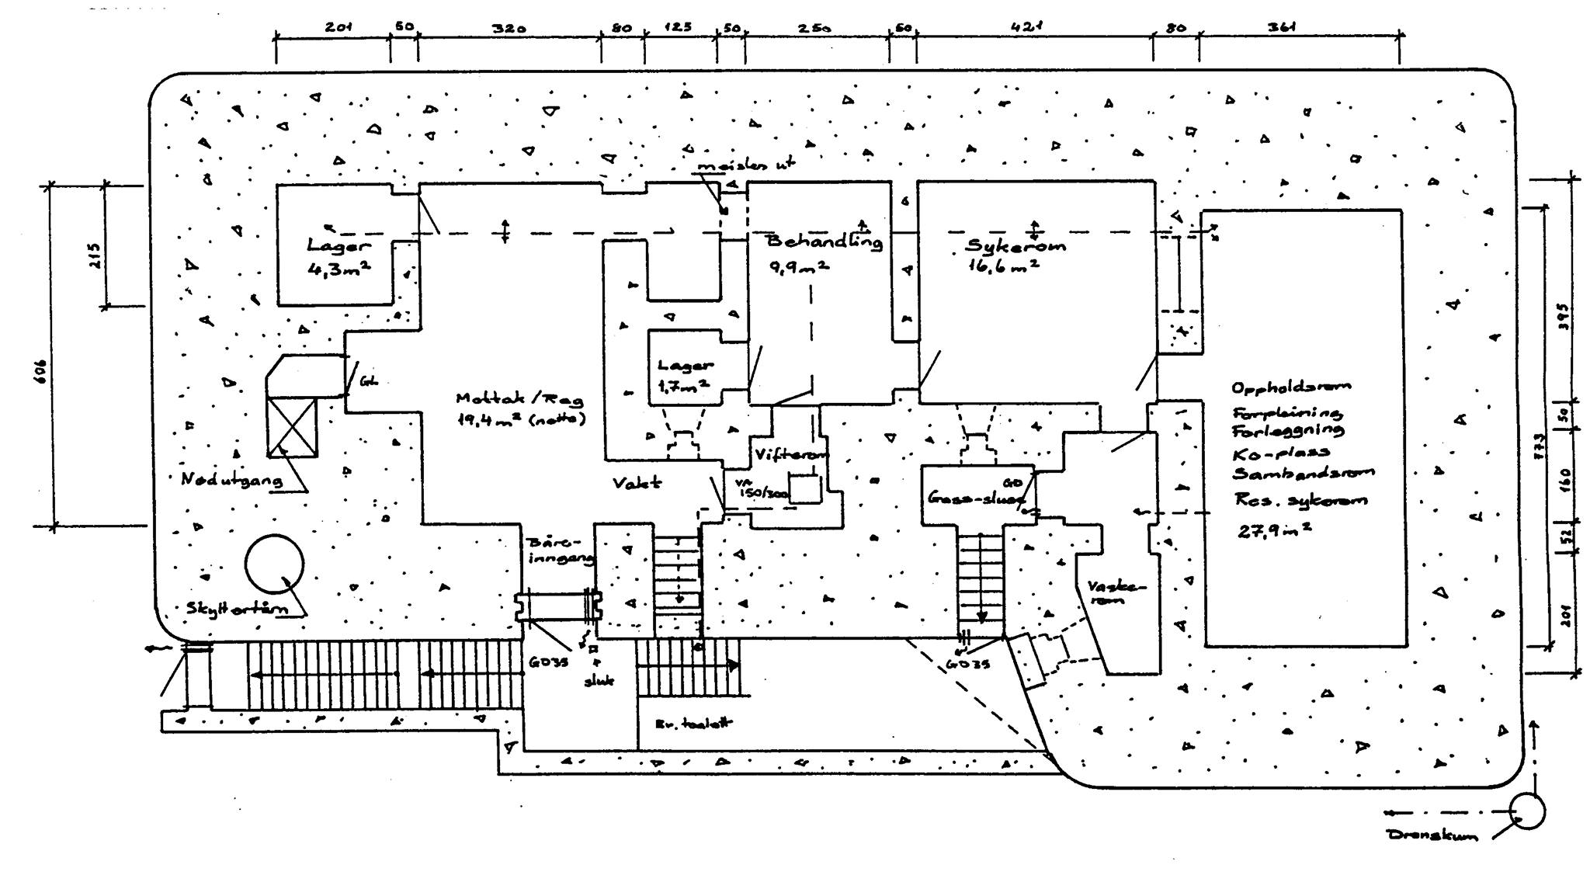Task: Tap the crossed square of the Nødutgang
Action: [x=292, y=426]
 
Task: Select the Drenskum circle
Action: [x=1526, y=811]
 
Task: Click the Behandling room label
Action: [x=824, y=241]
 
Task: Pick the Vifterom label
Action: [x=790, y=454]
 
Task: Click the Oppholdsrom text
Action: [x=1290, y=386]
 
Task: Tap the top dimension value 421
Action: [x=1026, y=27]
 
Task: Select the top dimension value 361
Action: [x=1282, y=27]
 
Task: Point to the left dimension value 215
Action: [x=95, y=255]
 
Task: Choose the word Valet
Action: [x=637, y=483]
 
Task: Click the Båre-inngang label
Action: [x=560, y=550]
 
